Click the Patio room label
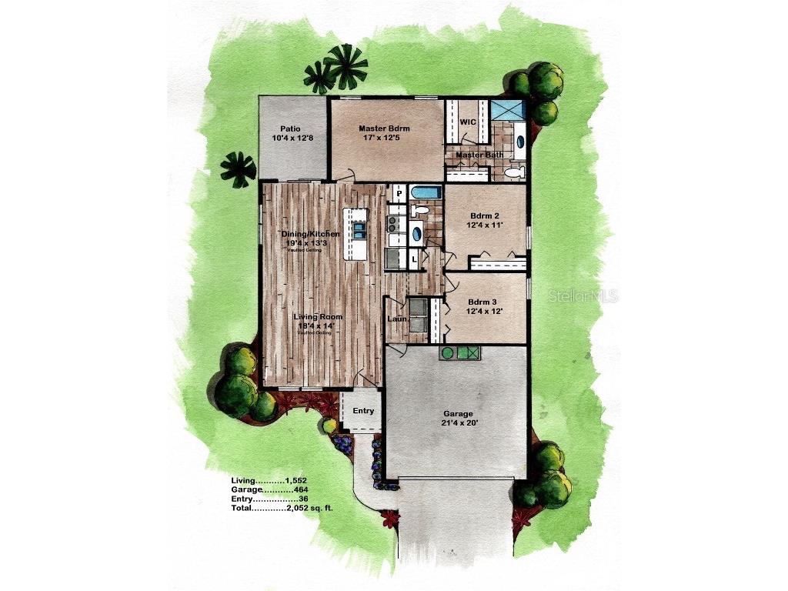(x=290, y=129)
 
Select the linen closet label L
(x=414, y=259)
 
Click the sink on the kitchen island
(x=359, y=231)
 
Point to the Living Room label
(x=319, y=316)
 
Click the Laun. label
(x=396, y=319)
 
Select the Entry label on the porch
(x=363, y=411)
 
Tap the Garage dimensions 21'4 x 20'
(x=458, y=423)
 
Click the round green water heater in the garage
(x=446, y=353)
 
